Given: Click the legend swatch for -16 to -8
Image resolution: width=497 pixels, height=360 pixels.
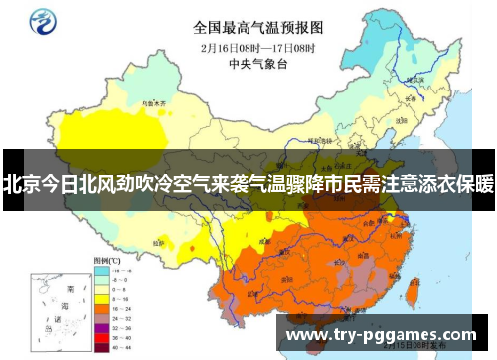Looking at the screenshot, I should point(100,269).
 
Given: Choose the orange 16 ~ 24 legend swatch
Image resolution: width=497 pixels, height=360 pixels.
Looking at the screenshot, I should point(100,309).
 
